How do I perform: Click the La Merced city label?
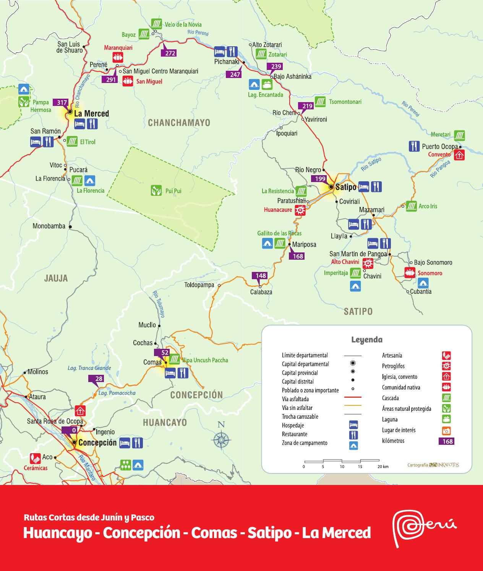91,114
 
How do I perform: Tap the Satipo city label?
346,187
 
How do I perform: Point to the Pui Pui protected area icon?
155,190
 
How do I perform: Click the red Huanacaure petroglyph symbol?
300,210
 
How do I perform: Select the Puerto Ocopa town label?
439,146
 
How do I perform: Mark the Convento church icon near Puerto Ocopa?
459,155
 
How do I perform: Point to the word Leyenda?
366,340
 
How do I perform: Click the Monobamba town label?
49,226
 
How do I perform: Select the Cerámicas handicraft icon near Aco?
36,458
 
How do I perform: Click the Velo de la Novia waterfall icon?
156,24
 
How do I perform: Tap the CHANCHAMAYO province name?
179,123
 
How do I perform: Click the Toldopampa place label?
199,285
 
